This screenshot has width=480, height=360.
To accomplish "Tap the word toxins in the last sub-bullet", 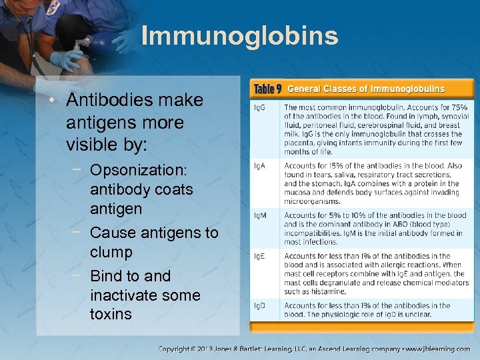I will [111, 314].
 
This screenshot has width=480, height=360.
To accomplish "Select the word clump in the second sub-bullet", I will [111, 252].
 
